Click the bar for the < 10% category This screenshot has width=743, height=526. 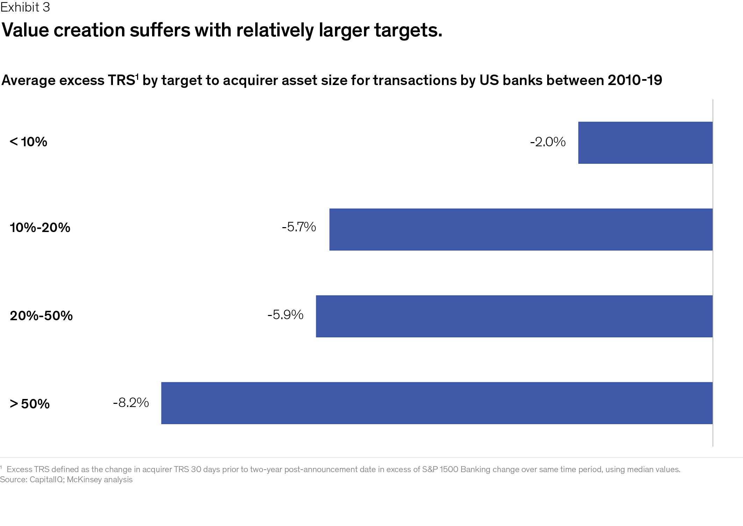[x=645, y=142]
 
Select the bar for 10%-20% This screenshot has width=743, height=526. [x=521, y=229]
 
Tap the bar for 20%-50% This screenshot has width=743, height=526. [x=514, y=316]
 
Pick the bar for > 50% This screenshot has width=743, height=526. [x=437, y=403]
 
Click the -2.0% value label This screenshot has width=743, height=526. [x=548, y=142]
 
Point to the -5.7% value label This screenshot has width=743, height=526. [x=299, y=227]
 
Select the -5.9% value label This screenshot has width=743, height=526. [x=285, y=315]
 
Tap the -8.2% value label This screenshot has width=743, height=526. [x=131, y=403]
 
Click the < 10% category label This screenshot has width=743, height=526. [x=28, y=142]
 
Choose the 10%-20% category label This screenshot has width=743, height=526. [x=40, y=228]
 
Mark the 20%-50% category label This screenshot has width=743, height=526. [x=41, y=316]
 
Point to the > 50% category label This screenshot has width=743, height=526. [x=30, y=404]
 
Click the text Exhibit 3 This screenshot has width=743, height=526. [x=25, y=7]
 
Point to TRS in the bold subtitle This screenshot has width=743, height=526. [x=120, y=80]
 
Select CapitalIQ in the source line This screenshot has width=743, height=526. [x=47, y=479]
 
